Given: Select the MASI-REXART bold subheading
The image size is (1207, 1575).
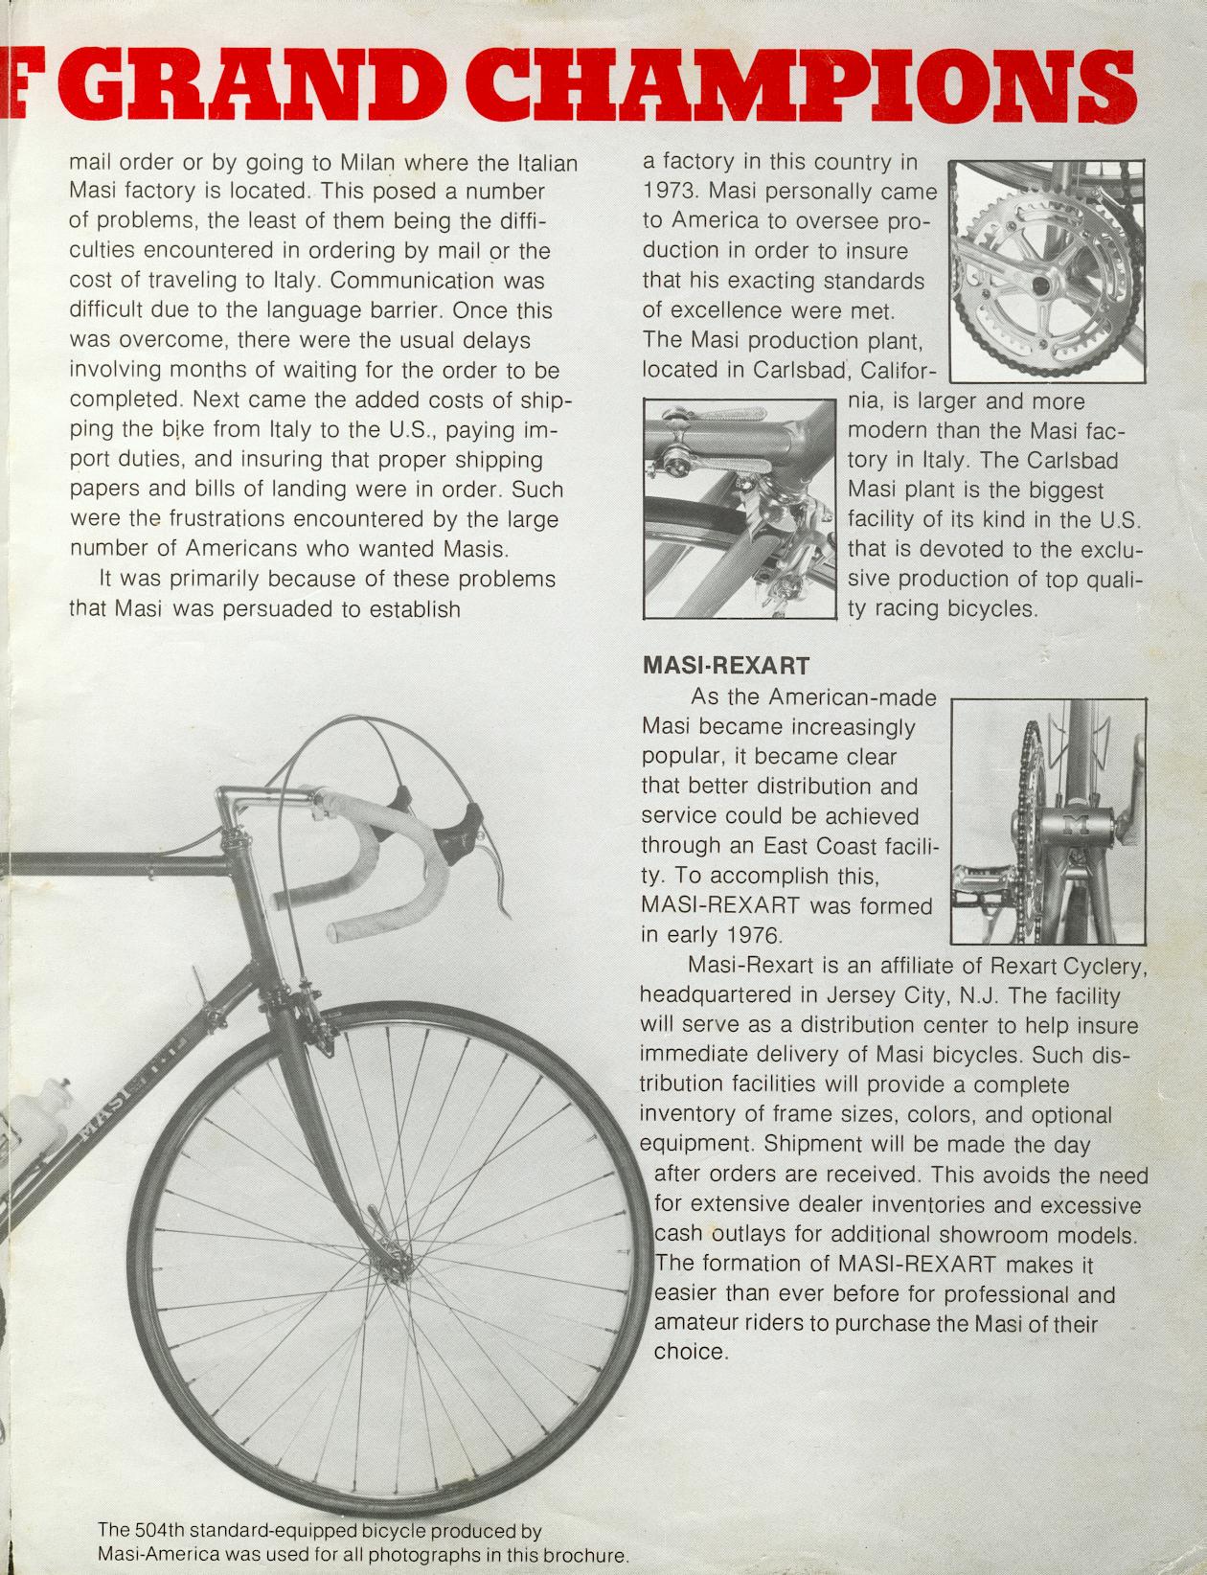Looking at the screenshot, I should (x=725, y=664).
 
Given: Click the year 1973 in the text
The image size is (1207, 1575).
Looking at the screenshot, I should (x=672, y=192).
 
